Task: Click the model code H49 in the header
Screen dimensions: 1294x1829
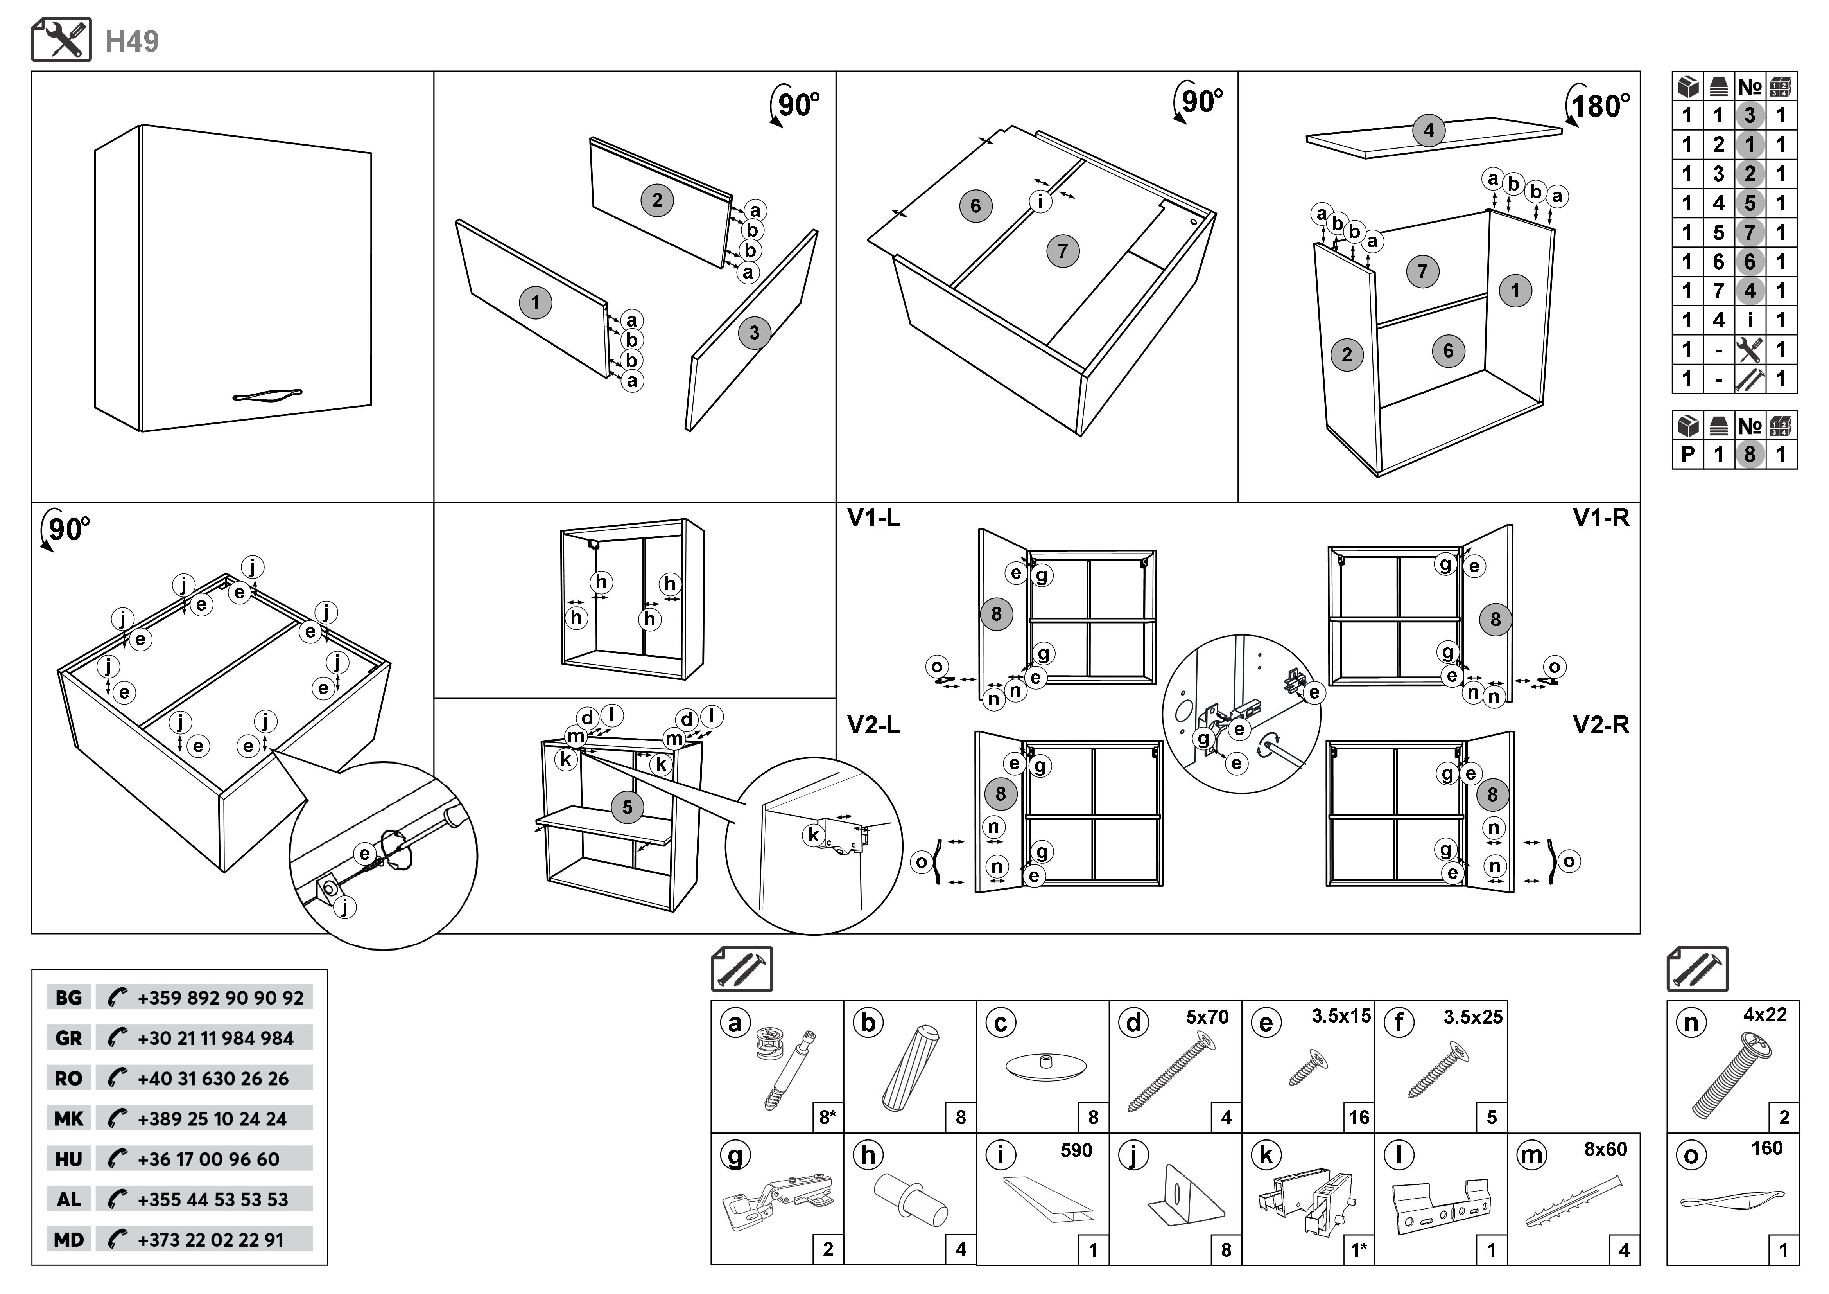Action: pos(132,41)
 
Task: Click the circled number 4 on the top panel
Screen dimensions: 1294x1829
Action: pos(1428,130)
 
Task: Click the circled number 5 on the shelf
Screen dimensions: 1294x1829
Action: pos(627,807)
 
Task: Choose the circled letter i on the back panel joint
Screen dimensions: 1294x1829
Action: pos(1040,201)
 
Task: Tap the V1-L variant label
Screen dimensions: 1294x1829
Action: pos(874,519)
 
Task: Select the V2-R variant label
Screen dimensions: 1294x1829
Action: pos(1600,725)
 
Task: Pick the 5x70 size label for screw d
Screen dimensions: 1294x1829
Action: pos(1207,1017)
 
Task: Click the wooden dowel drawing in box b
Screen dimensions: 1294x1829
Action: pos(911,1068)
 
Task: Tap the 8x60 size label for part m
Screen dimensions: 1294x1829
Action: pos(1605,1150)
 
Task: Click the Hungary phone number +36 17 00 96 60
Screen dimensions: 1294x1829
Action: pos(209,1159)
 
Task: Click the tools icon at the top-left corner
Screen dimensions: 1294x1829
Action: pos(61,40)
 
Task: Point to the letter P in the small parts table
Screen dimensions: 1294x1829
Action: pos(1687,455)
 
